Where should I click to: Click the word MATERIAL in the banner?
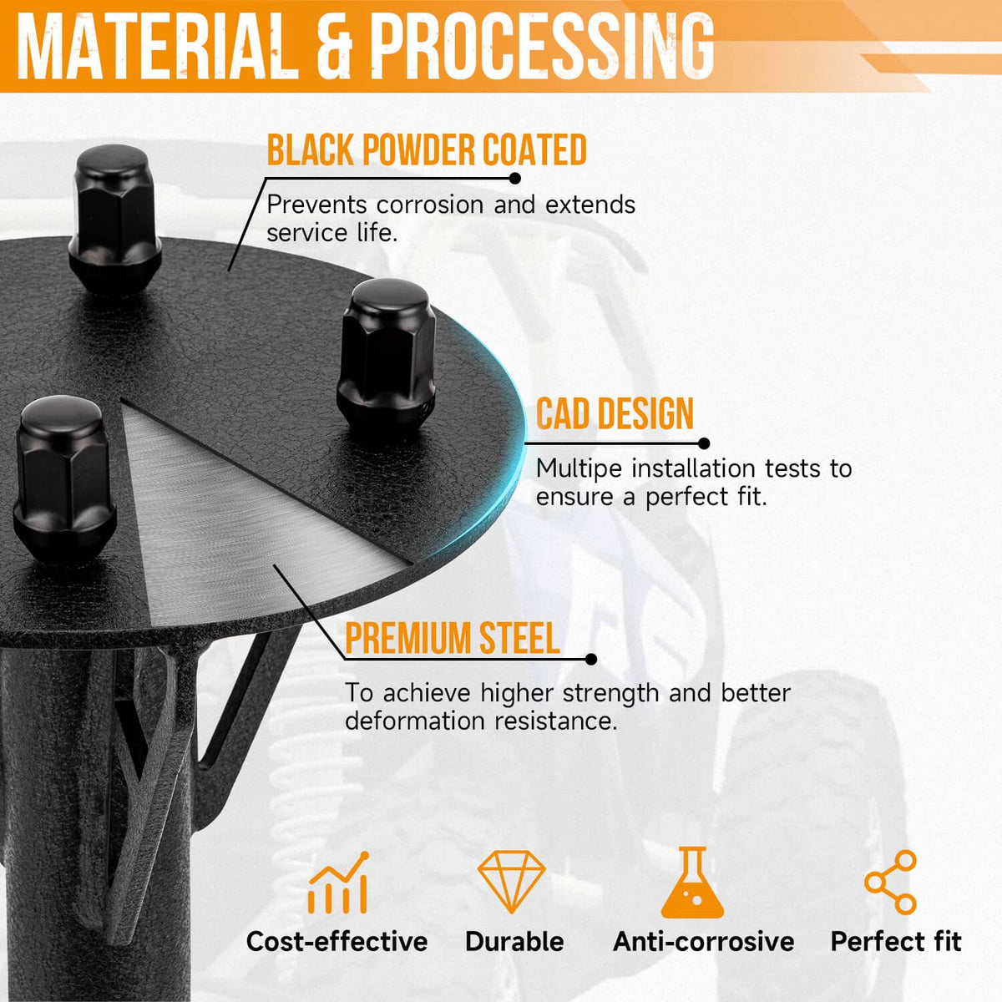(x=158, y=48)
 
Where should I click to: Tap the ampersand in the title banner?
(x=335, y=48)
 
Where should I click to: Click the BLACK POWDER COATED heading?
(x=427, y=149)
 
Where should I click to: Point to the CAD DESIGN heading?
(x=615, y=413)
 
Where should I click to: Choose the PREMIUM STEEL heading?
(x=453, y=638)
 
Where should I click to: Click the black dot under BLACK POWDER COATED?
(x=515, y=179)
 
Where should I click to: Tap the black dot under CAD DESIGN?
(x=704, y=443)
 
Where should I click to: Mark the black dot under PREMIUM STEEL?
(x=590, y=660)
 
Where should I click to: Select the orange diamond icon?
(x=512, y=882)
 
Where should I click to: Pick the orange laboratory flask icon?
(x=692, y=883)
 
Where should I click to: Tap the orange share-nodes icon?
(x=890, y=883)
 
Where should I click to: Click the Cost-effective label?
(x=337, y=942)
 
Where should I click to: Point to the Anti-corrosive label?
(x=704, y=942)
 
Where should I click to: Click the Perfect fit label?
(x=896, y=942)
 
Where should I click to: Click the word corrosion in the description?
(x=430, y=205)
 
